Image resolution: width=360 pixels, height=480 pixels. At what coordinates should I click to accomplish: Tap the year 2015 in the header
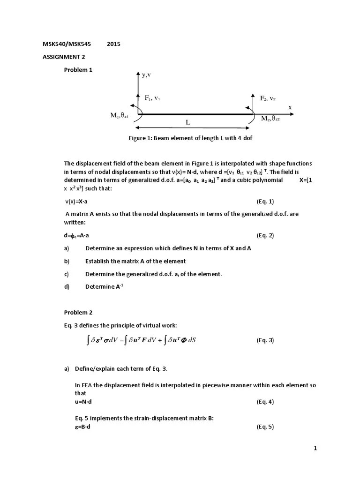click(113, 45)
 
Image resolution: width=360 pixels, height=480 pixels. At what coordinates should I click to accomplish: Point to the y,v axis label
click(146, 75)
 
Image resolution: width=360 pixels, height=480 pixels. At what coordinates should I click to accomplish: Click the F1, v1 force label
click(152, 98)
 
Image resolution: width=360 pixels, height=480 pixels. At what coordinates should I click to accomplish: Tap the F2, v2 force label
click(269, 98)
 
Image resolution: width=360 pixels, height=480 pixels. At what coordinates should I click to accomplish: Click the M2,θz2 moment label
click(270, 119)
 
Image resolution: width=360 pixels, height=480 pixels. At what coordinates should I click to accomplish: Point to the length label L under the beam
click(188, 122)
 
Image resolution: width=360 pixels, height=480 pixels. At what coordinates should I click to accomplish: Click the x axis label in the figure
click(290, 107)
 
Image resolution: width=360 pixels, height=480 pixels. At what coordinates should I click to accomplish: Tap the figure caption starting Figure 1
click(191, 138)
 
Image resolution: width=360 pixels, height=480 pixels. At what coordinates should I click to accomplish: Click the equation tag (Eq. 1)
click(265, 201)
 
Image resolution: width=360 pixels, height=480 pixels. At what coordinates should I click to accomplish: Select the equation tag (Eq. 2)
click(265, 235)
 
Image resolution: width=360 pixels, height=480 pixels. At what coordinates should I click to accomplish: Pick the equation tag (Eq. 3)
click(265, 340)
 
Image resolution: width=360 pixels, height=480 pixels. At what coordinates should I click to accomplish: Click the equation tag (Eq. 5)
click(265, 427)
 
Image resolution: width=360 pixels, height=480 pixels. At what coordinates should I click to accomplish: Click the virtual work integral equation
click(141, 340)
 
